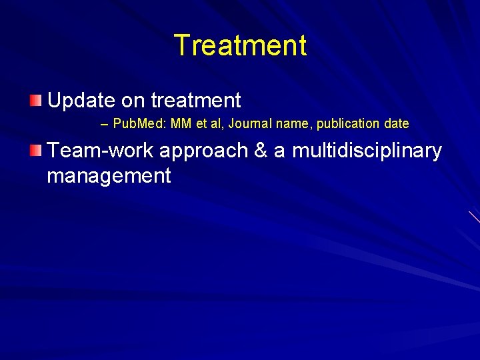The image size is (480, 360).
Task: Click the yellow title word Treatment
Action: coord(240,46)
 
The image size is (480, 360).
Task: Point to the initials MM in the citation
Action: coord(181,124)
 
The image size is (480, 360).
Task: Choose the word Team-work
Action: coord(100,151)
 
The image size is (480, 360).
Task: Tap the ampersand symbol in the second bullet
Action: coord(261,151)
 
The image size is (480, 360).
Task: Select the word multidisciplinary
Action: coord(367,151)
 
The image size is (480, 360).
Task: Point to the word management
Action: coord(109,176)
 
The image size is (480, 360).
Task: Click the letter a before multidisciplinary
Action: coord(279,151)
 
